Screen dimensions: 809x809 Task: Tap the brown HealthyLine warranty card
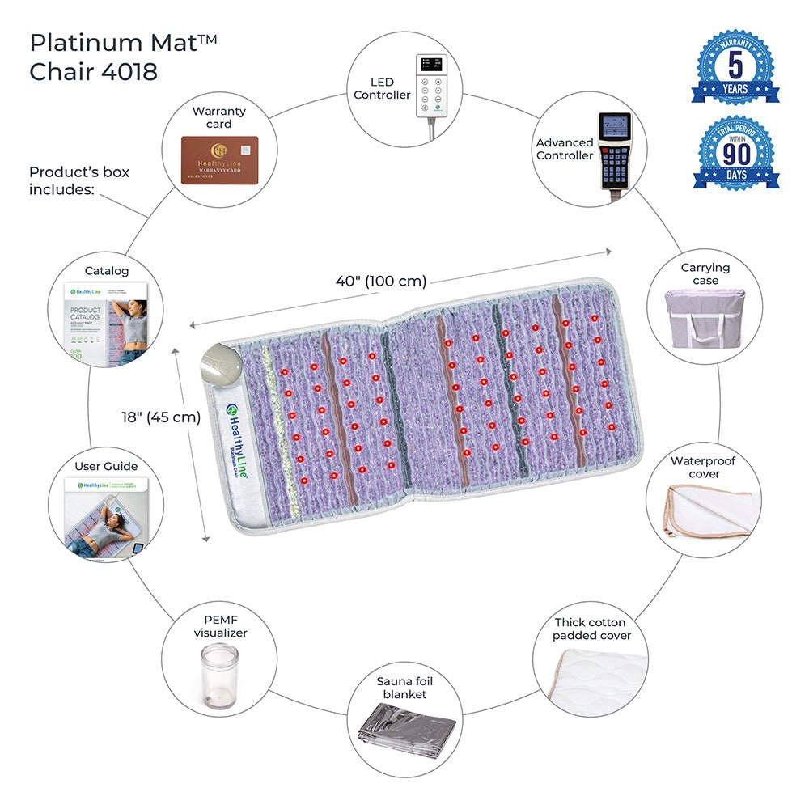pyautogui.click(x=219, y=160)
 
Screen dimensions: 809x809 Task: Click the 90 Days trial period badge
pyautogui.click(x=735, y=153)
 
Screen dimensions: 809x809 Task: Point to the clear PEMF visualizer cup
pyautogui.click(x=219, y=676)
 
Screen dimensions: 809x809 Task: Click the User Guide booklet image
pyautogui.click(x=105, y=518)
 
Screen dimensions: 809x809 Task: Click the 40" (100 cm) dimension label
pyautogui.click(x=381, y=282)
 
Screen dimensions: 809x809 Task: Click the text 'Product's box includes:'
pyautogui.click(x=79, y=180)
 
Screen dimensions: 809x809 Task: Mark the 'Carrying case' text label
pyautogui.click(x=705, y=273)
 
